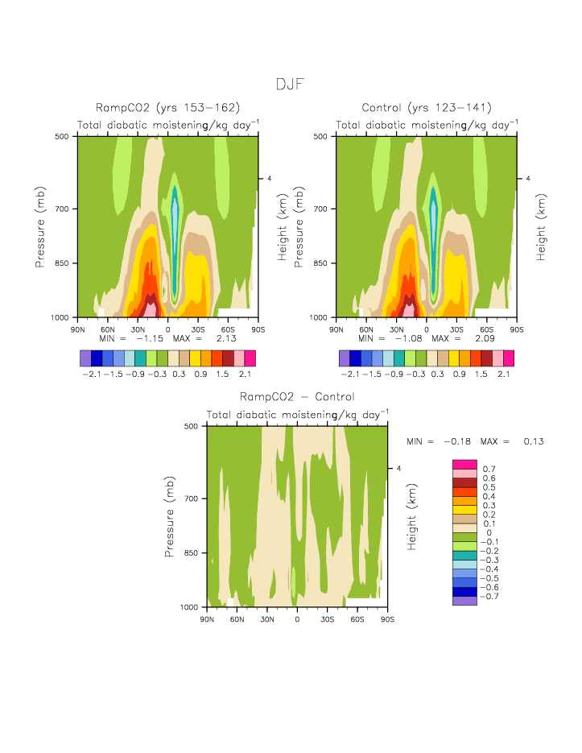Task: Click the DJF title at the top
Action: tap(291, 84)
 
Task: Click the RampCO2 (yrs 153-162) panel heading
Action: tap(167, 108)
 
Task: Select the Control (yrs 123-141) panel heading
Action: tap(427, 108)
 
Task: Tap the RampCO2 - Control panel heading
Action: tap(297, 397)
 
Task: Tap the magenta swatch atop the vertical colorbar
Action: tap(464, 464)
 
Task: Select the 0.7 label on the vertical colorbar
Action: tap(488, 469)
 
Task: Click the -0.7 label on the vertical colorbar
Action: tap(490, 597)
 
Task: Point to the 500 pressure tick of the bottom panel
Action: tap(191, 425)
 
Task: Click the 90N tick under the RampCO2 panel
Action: tap(78, 329)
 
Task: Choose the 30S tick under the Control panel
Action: tap(456, 329)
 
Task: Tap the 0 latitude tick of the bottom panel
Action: tap(297, 619)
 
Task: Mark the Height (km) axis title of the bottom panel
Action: tap(411, 516)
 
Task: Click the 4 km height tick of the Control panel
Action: tap(528, 179)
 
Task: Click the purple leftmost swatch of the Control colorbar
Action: tap(345, 358)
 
